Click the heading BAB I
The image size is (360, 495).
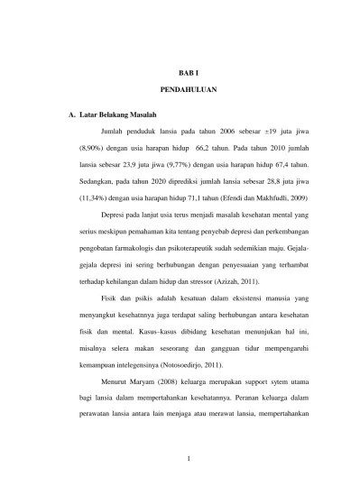[x=188, y=70]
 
